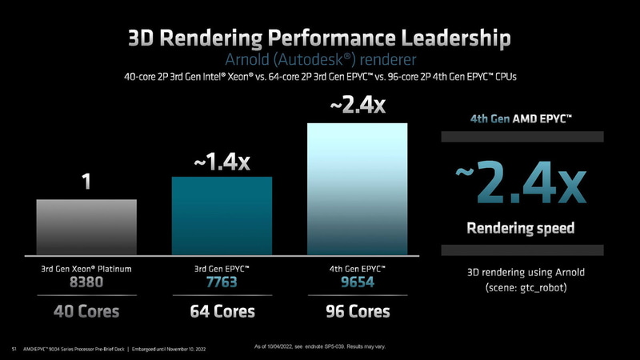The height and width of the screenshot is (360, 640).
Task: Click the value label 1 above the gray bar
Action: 86,183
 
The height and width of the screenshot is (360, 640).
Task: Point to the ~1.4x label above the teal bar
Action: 222,162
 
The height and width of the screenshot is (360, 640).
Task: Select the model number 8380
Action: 86,282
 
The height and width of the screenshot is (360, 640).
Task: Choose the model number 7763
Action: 222,282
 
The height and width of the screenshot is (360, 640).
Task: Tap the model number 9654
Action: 358,282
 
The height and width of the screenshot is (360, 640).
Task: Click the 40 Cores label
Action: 86,310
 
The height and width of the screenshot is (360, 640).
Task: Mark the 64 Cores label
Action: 222,310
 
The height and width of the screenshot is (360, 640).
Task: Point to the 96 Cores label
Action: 358,310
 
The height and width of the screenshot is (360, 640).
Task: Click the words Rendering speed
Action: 520,229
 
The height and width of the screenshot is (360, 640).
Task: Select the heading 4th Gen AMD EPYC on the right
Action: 520,121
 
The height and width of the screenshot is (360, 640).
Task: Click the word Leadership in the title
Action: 444,38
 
